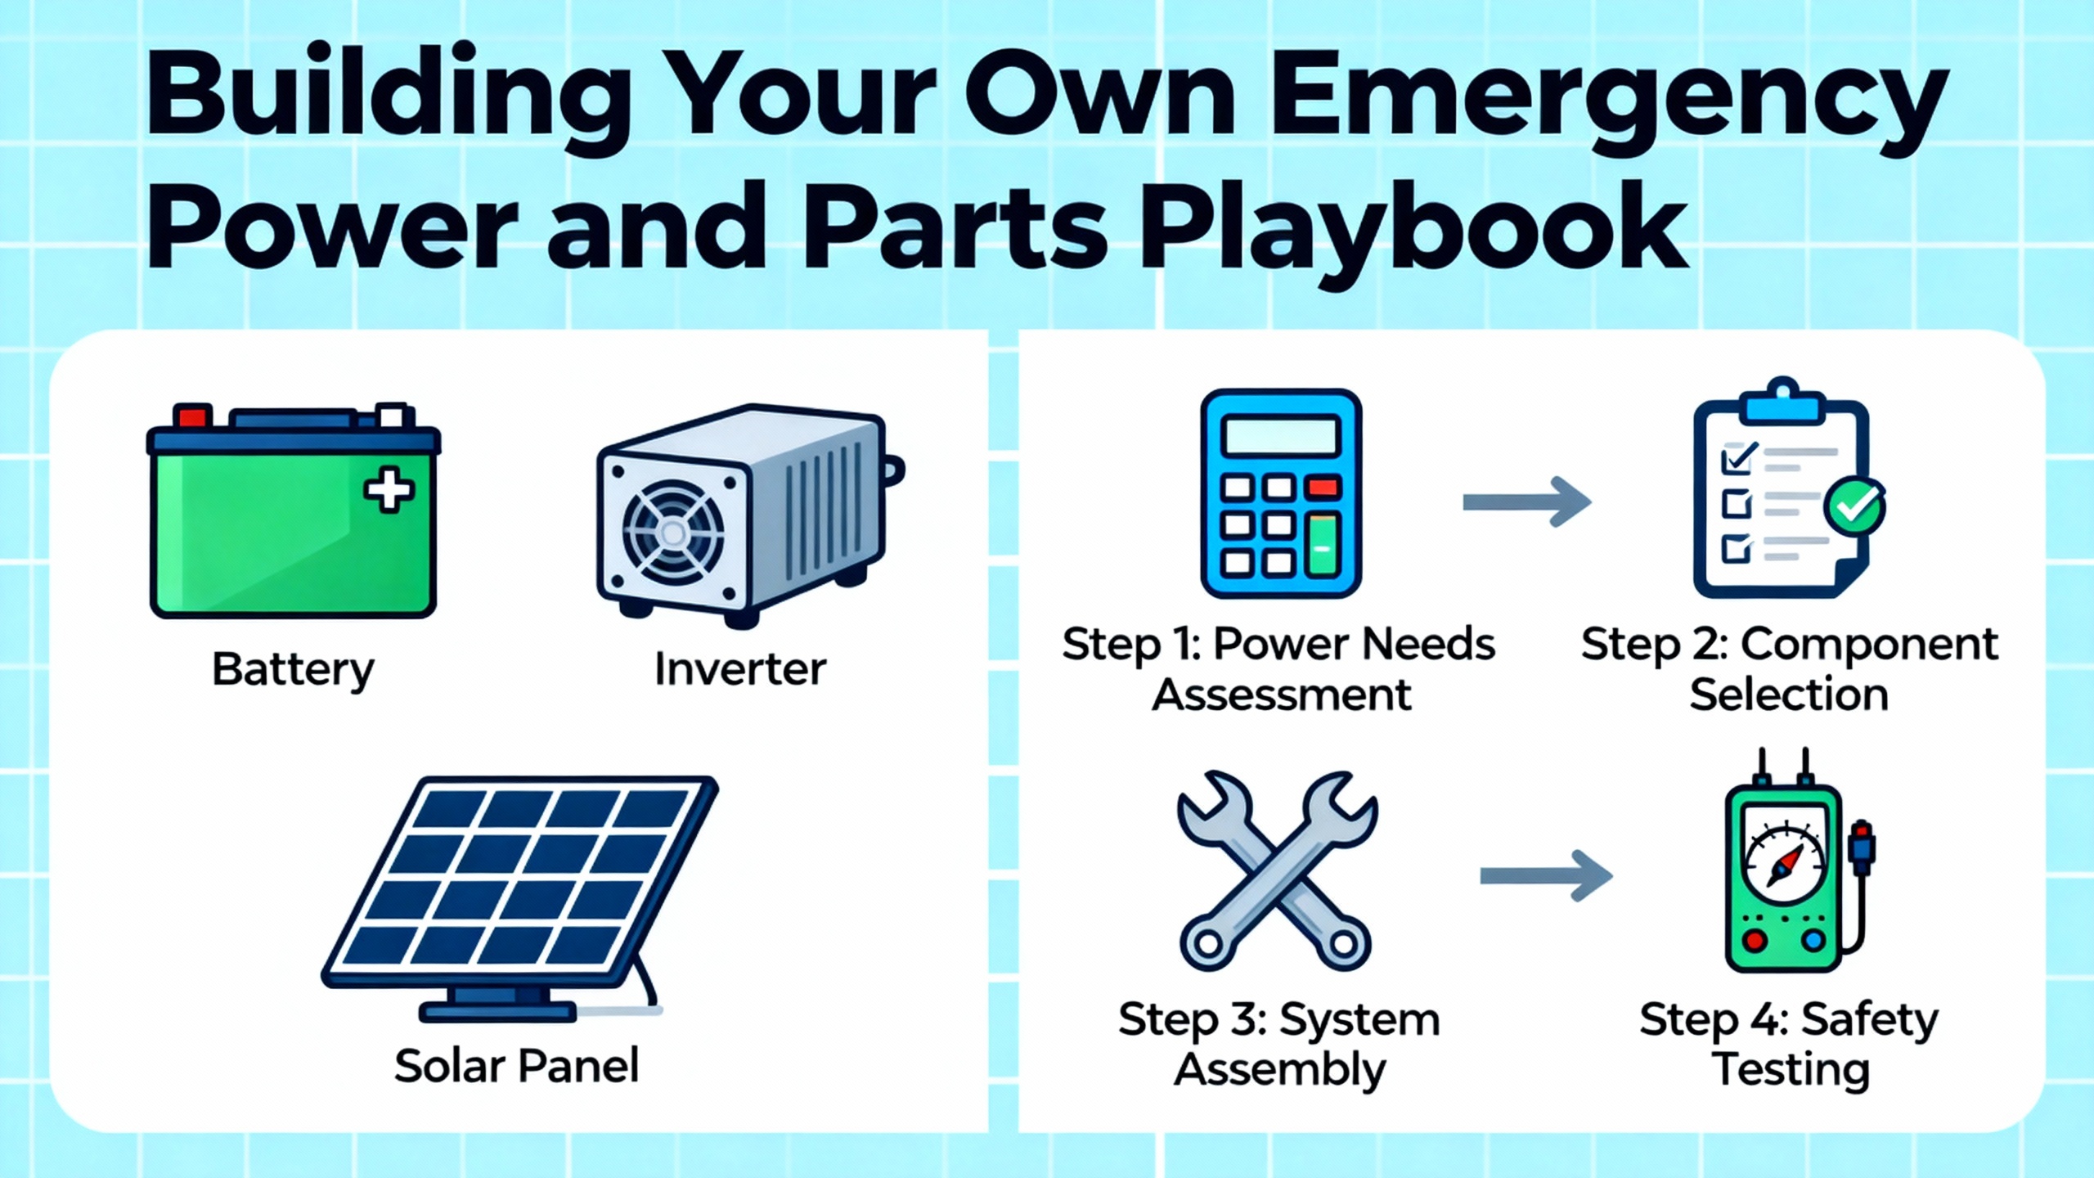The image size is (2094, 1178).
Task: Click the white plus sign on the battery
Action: pos(389,490)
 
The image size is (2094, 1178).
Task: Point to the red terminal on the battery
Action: pos(193,416)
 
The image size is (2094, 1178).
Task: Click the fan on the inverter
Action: pos(673,534)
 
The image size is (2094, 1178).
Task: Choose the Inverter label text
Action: pos(740,669)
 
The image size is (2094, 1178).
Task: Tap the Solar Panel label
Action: pos(516,1066)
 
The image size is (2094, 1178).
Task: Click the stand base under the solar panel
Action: pos(498,1012)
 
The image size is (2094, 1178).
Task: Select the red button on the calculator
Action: pos(1323,488)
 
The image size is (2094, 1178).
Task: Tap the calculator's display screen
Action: pos(1281,437)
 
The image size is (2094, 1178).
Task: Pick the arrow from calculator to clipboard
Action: pos(1526,501)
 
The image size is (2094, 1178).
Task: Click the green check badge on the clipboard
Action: pos(1855,507)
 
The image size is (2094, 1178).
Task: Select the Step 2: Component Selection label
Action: pos(1790,669)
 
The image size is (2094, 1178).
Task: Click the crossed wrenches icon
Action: pos(1277,871)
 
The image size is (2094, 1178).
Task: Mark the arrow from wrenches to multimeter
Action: pos(1546,875)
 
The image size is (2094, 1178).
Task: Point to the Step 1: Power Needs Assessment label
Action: pos(1279,669)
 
